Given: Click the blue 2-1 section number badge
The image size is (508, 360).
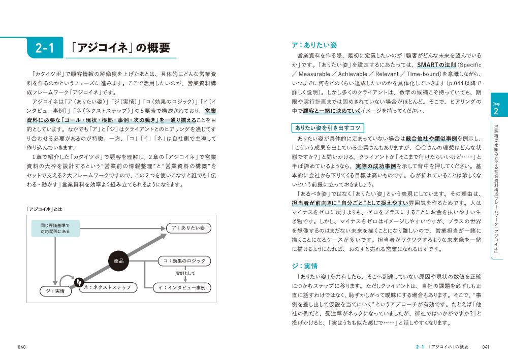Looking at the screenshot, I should coord(45,48).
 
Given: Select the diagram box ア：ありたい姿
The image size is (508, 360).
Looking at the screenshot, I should coord(187,228).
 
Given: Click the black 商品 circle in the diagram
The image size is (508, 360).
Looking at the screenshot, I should coord(118,261).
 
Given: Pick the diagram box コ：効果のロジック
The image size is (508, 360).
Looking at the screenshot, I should coord(184,261).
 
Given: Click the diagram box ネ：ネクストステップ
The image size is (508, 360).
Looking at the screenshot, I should coord(108,288).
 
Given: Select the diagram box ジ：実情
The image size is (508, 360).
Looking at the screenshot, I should coord(52,291).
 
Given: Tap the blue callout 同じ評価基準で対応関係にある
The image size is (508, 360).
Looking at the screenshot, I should coord(54,228).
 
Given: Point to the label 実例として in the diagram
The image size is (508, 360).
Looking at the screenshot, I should coord(179,274).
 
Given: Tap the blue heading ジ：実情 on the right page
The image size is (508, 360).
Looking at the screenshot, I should coord(304,266).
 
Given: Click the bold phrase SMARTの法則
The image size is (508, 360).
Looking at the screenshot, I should coord(436,65).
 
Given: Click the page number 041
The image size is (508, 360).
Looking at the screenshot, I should coord(486,347).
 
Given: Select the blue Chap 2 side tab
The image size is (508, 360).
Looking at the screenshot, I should coord(496,107).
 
